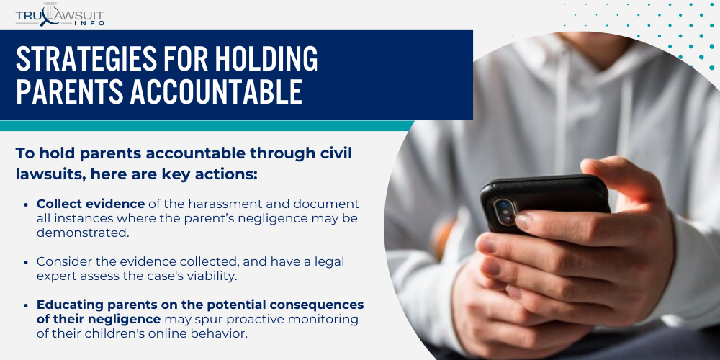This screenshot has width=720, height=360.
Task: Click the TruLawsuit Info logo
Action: pyautogui.click(x=59, y=14)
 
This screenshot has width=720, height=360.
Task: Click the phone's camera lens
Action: pyautogui.click(x=505, y=209)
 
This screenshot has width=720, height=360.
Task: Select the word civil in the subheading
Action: pyautogui.click(x=341, y=153)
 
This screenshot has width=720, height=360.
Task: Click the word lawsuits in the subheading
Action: pyautogui.click(x=51, y=174)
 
